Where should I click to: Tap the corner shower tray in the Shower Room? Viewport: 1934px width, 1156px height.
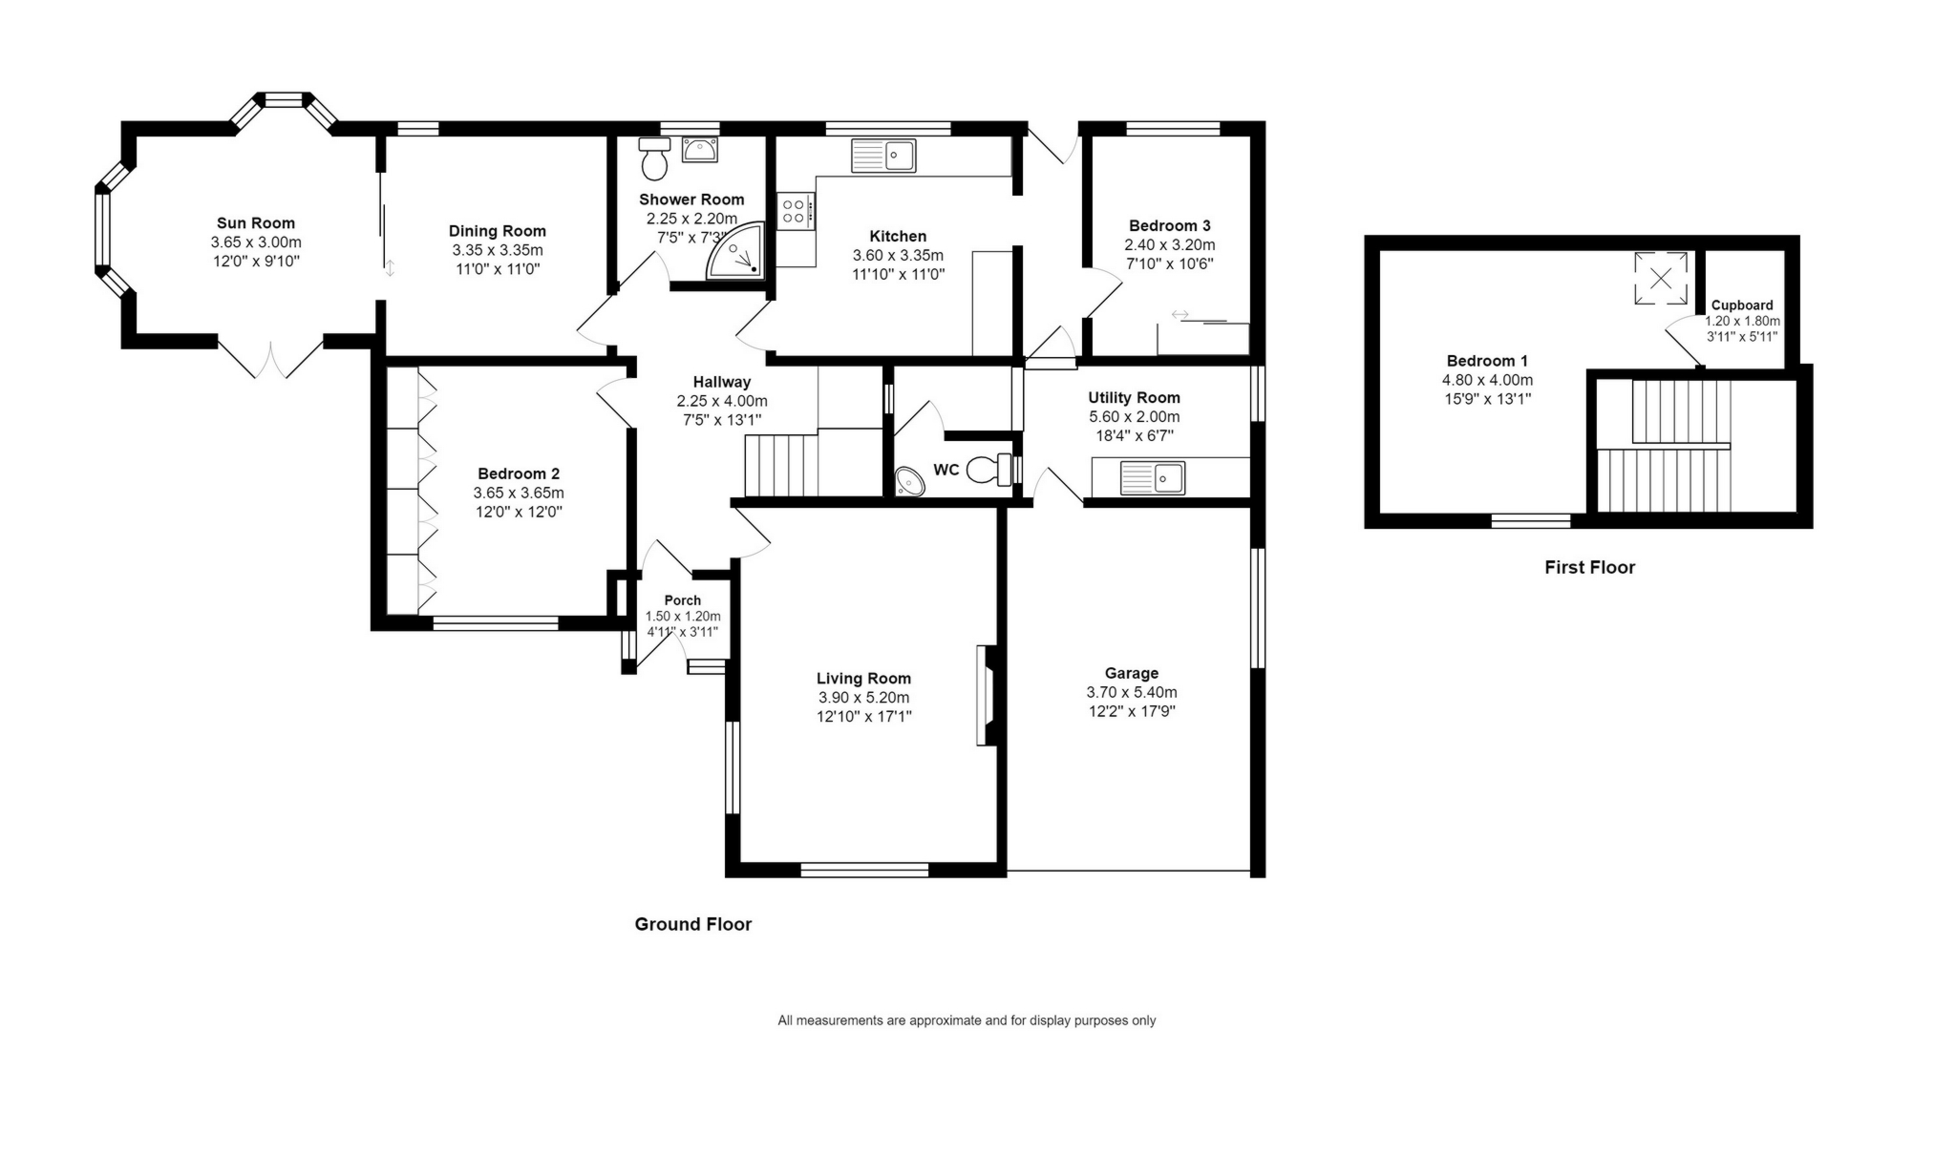click(738, 253)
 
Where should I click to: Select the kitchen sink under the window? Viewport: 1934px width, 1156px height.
click(883, 156)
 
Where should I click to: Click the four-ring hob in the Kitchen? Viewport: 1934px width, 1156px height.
click(795, 211)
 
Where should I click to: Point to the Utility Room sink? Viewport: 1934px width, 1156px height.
click(1153, 477)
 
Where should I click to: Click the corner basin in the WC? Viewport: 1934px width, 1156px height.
click(909, 482)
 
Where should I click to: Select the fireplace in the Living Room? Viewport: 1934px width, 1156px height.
click(986, 695)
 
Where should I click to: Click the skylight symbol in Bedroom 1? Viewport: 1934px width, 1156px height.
click(1661, 279)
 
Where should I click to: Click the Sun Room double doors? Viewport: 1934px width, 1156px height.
click(270, 358)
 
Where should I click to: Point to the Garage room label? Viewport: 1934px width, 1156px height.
click(1131, 673)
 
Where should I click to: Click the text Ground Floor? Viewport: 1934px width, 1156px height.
click(692, 924)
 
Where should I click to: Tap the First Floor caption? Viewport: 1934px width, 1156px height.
click(1589, 567)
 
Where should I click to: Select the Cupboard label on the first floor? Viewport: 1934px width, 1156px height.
click(1742, 305)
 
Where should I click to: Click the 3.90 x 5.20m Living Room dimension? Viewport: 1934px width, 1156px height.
click(863, 698)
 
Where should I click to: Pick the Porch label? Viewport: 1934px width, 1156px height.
click(682, 600)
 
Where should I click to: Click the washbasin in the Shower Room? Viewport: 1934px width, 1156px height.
click(700, 150)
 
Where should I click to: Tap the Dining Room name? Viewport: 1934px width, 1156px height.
click(497, 231)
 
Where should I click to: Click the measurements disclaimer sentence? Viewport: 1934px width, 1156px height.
click(966, 1020)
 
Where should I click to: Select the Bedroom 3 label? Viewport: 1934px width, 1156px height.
click(1169, 226)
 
